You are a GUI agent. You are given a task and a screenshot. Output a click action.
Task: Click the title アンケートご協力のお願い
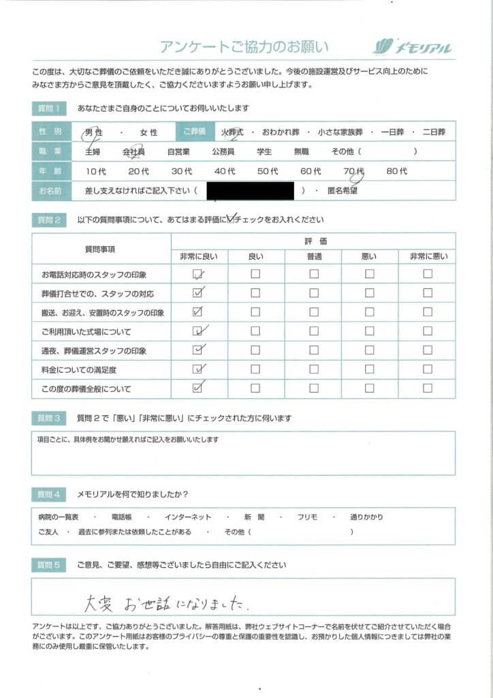coord(244,47)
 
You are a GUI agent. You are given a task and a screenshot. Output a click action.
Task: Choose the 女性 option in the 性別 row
coord(148,132)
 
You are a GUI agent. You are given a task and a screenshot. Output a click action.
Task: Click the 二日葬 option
coord(434,132)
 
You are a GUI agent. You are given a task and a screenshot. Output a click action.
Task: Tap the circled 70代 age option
coord(354,171)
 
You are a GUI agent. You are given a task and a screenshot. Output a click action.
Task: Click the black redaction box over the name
coord(250,191)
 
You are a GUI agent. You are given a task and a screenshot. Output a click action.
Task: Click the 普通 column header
coord(314,256)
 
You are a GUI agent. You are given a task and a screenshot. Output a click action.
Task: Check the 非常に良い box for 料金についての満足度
coord(199,369)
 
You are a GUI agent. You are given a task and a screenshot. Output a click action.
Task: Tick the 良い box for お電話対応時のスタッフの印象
coord(255,274)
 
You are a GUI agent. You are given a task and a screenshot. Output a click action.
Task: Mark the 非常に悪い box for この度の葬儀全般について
coord(428,389)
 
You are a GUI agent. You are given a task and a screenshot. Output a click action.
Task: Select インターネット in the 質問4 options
coord(188,517)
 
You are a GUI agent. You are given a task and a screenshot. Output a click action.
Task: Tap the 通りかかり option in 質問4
coord(370,517)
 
